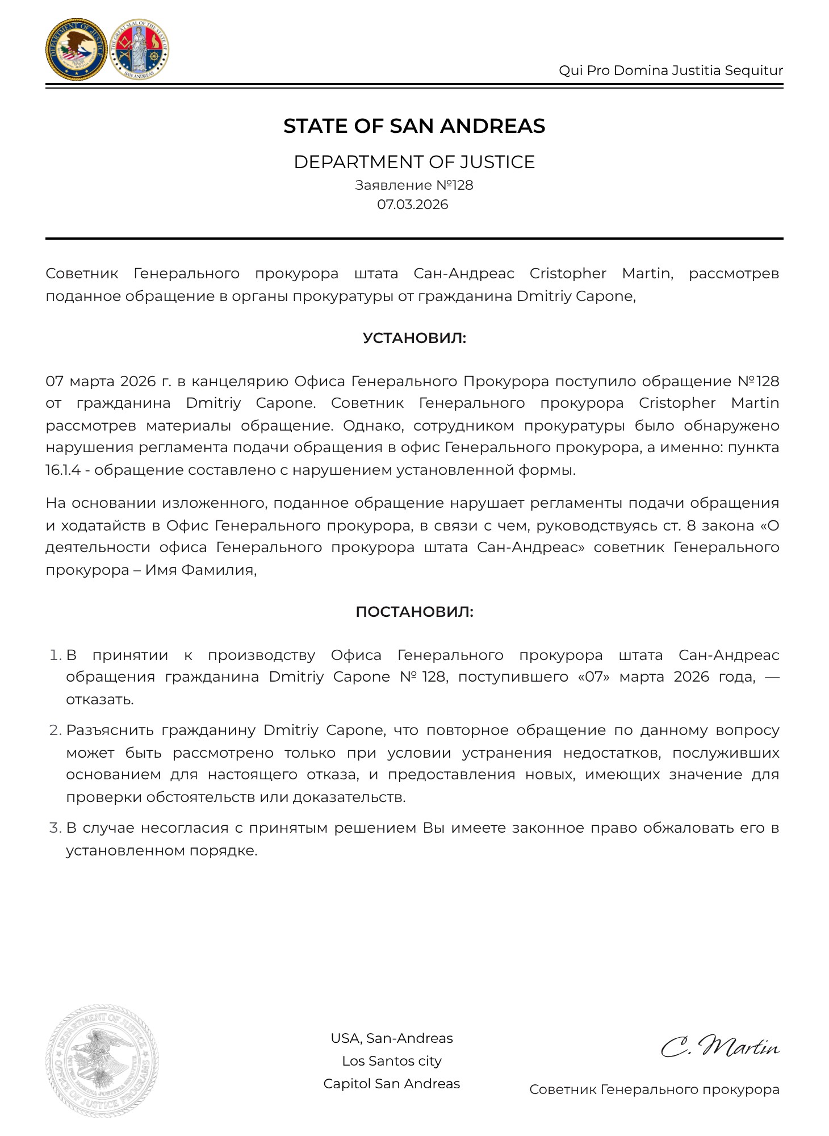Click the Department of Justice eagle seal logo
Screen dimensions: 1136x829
pyautogui.click(x=77, y=50)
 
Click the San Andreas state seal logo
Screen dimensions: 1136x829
pyautogui.click(x=140, y=50)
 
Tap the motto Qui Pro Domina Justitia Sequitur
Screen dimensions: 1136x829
pyautogui.click(x=671, y=70)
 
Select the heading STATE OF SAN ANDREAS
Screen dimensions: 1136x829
pyautogui.click(x=414, y=126)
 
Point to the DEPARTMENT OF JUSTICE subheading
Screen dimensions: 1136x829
pyautogui.click(x=414, y=162)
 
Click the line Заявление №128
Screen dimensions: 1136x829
pyautogui.click(x=414, y=185)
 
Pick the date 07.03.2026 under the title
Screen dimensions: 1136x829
pyautogui.click(x=413, y=204)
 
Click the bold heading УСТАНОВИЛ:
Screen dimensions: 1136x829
pyautogui.click(x=414, y=339)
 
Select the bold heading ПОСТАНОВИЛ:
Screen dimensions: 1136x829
pyautogui.click(x=414, y=612)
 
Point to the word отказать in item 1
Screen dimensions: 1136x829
pyautogui.click(x=99, y=699)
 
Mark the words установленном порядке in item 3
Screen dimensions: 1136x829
pyautogui.click(x=161, y=851)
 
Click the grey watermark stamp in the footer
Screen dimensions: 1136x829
pyautogui.click(x=102, y=1061)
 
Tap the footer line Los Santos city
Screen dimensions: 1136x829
pyautogui.click(x=392, y=1061)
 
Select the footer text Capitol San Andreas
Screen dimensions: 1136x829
pyautogui.click(x=392, y=1084)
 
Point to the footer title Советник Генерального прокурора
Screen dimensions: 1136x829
pyautogui.click(x=654, y=1089)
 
